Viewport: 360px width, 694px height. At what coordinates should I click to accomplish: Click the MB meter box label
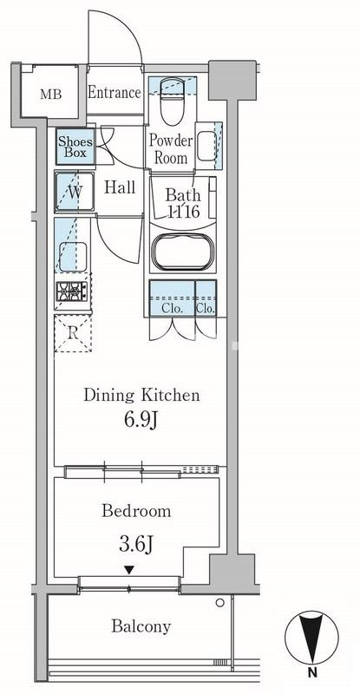50,95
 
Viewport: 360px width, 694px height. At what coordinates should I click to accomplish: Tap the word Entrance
115,93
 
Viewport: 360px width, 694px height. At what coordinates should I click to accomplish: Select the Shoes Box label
75,147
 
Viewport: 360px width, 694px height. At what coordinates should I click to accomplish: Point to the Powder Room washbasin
206,147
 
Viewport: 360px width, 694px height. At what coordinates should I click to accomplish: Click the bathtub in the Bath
181,250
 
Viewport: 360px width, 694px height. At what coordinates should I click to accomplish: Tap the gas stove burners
73,291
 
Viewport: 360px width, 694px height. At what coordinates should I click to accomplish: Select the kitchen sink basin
73,256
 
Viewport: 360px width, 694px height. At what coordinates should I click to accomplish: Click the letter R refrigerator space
73,333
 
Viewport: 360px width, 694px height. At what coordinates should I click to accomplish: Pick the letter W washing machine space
75,192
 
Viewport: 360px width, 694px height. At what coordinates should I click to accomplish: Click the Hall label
120,187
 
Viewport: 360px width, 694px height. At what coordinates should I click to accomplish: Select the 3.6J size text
136,545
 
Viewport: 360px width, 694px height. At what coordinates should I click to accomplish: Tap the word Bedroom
136,511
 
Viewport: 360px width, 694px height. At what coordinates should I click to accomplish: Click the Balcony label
141,626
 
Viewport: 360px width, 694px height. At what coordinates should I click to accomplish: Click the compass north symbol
311,641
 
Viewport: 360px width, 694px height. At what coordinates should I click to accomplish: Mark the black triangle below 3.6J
128,570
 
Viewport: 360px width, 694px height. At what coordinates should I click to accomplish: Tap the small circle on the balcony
219,602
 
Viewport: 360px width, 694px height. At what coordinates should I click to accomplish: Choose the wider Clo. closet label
172,309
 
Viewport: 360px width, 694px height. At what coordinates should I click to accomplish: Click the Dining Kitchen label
141,395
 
